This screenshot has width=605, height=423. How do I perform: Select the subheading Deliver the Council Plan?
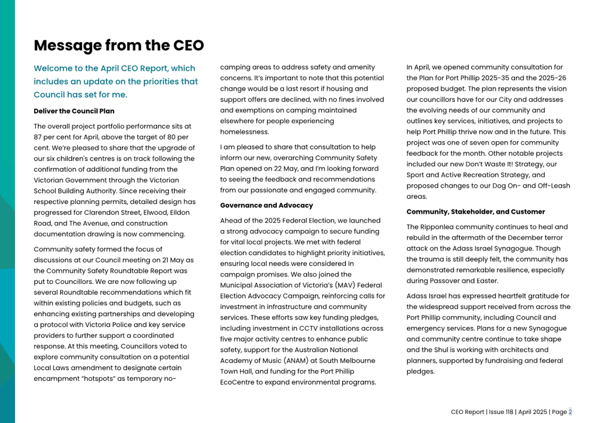74,111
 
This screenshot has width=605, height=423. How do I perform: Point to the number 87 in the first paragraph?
39,137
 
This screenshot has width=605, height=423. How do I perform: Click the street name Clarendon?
102,213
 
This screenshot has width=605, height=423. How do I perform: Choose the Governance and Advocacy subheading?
266,205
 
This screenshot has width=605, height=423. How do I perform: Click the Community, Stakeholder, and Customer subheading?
476,212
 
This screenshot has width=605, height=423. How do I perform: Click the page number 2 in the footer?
570,412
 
